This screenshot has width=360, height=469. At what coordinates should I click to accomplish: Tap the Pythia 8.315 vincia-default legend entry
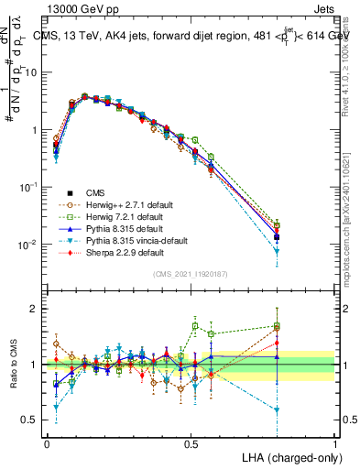pos(131,240)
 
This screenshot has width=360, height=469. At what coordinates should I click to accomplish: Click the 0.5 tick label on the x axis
pos(191,443)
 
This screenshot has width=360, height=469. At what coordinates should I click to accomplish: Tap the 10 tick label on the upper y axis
pos(32,72)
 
